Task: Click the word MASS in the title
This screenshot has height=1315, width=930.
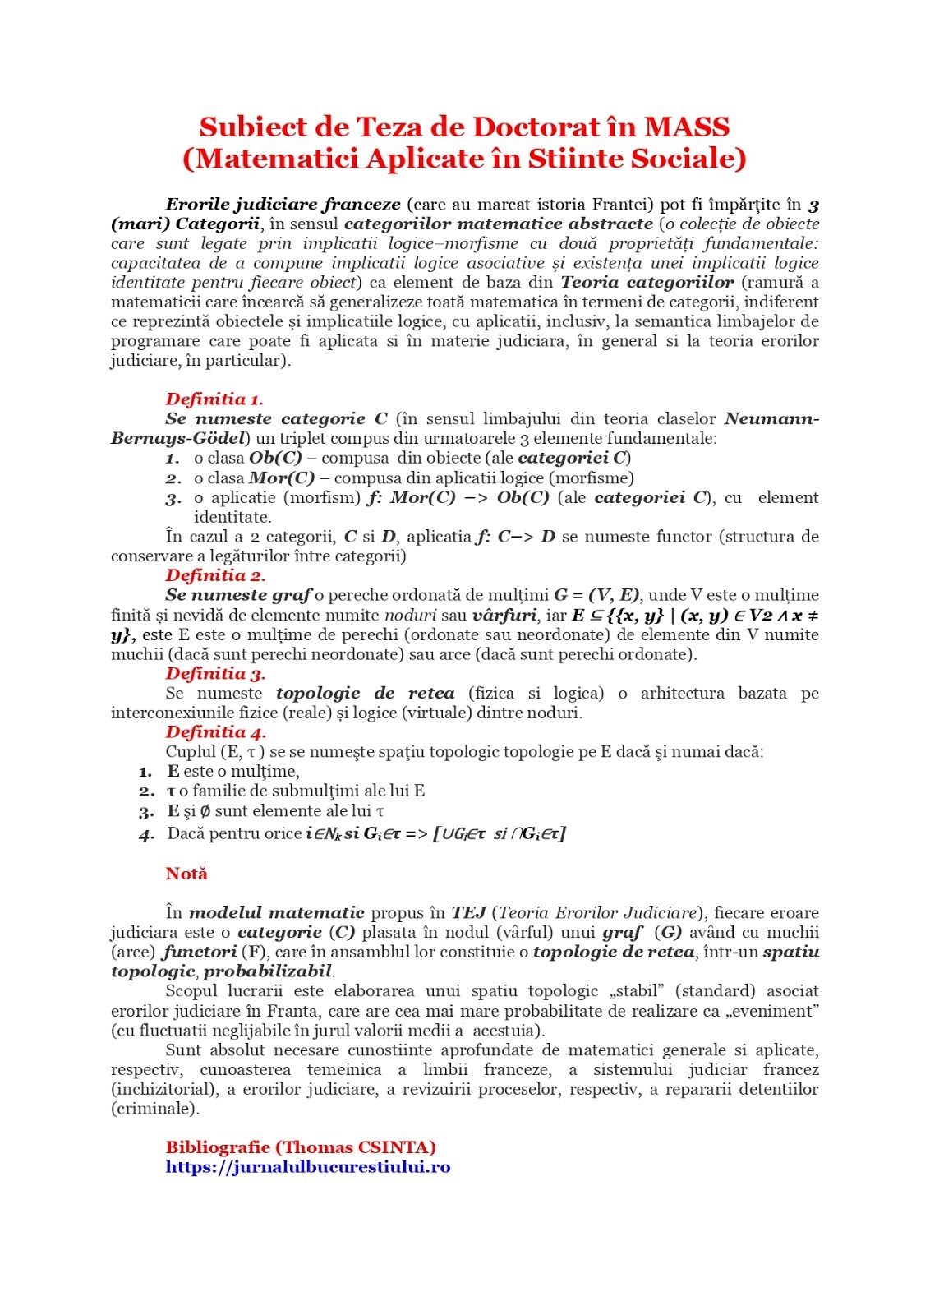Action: tap(687, 127)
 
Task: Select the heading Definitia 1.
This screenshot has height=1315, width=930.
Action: tap(214, 399)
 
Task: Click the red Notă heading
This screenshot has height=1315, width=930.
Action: tap(186, 874)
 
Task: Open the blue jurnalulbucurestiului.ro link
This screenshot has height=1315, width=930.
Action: tap(308, 1167)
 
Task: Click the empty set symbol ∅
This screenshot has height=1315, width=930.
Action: tap(205, 811)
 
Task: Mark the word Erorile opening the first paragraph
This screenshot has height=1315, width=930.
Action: tap(197, 205)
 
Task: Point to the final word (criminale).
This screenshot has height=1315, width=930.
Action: tap(155, 1109)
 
